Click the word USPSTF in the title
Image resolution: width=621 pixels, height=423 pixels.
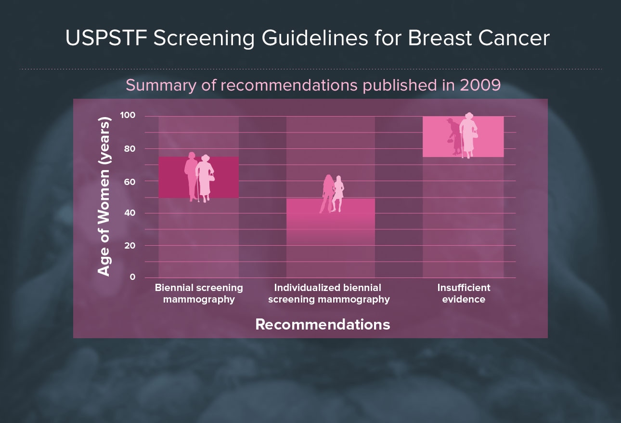106,38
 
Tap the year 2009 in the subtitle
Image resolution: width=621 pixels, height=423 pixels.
480,85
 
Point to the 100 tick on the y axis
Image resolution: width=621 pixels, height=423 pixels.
128,115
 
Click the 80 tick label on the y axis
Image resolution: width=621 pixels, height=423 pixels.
129,148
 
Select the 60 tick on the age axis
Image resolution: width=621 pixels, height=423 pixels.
129,182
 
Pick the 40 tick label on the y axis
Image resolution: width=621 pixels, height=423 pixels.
129,213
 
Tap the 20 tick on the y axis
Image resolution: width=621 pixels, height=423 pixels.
129,245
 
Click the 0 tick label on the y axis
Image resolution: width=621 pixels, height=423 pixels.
132,277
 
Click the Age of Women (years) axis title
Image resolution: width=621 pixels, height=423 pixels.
104,197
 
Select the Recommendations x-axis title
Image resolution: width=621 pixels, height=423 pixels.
323,324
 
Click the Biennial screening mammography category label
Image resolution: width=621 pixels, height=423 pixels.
199,293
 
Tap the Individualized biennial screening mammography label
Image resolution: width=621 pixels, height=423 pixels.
329,293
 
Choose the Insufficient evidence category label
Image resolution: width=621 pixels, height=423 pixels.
464,293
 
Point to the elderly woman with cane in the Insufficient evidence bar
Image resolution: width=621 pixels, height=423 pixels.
468,135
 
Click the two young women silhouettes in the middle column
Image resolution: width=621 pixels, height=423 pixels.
332,194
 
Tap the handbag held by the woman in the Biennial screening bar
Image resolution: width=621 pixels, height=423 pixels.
211,177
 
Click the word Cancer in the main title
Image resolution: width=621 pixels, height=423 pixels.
514,38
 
